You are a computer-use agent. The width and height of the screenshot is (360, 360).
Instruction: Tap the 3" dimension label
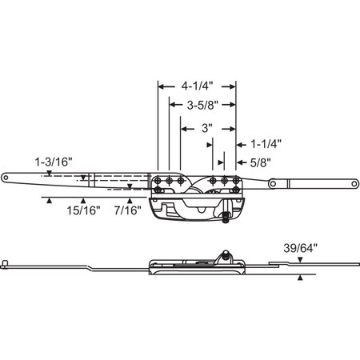[206, 126]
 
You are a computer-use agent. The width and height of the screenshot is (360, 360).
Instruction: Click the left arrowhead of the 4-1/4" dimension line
[160, 84]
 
